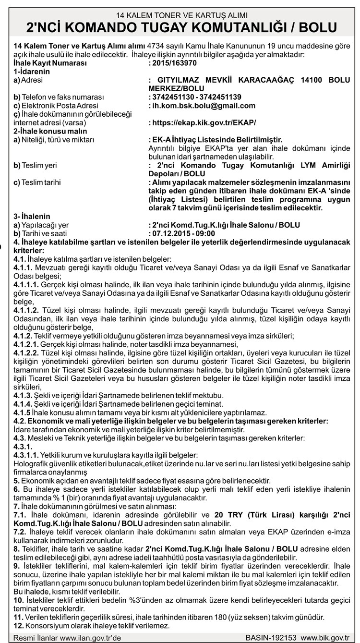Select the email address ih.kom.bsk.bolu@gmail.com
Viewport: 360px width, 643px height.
(x=202, y=105)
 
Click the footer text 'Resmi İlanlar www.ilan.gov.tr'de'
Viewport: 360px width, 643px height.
(x=67, y=638)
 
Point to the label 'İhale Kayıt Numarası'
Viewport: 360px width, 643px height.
(x=50, y=63)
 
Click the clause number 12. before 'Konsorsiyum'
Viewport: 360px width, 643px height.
(x=18, y=626)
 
